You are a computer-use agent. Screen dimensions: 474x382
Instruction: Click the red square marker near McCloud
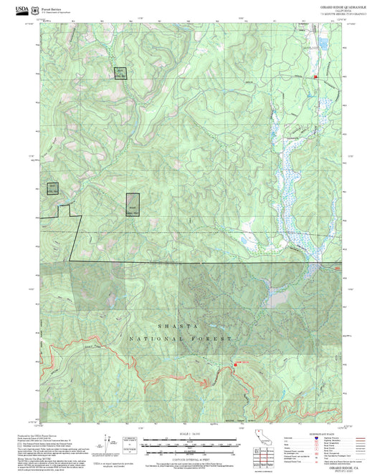314,76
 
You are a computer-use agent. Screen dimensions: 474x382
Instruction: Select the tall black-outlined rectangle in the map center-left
132,205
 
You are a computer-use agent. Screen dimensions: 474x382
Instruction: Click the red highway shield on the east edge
337,268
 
